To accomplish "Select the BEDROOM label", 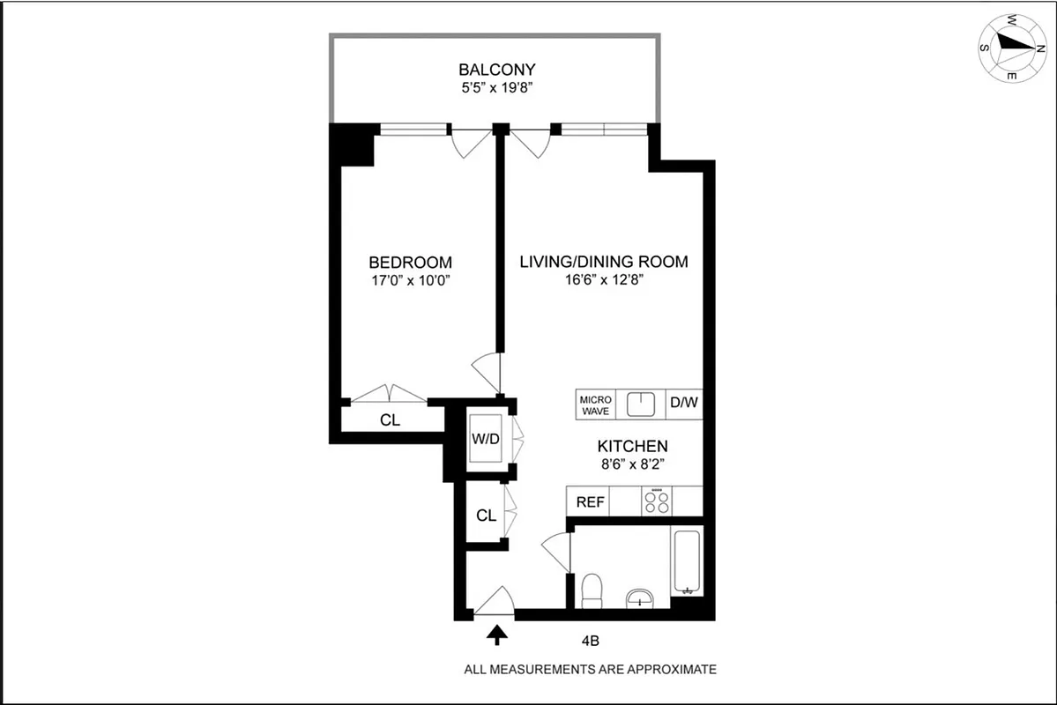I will pyautogui.click(x=410, y=263).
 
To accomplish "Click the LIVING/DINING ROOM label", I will pyautogui.click(x=603, y=263).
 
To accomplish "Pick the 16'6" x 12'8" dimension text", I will pyautogui.click(x=603, y=281).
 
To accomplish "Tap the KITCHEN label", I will pyautogui.click(x=632, y=446).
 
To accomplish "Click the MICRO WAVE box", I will pyautogui.click(x=595, y=405).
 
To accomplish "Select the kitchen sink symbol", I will pyautogui.click(x=642, y=404).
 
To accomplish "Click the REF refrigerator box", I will pyautogui.click(x=590, y=502).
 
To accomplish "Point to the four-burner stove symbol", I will pyautogui.click(x=656, y=501).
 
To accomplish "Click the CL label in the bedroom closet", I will pyautogui.click(x=390, y=421).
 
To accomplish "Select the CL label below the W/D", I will pyautogui.click(x=486, y=516).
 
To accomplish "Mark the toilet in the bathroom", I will pyautogui.click(x=592, y=590).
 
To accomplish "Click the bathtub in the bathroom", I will pyautogui.click(x=686, y=561).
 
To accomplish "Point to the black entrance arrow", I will pyautogui.click(x=496, y=634).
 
